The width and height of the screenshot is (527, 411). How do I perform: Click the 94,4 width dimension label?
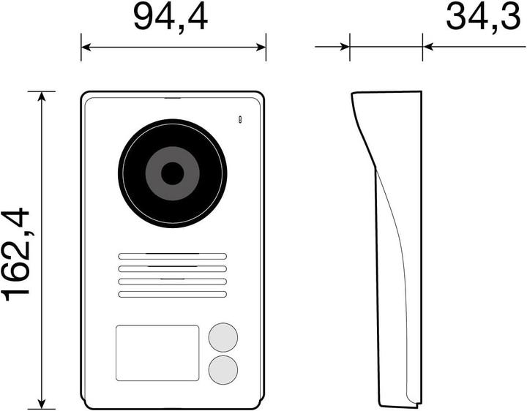[170, 18]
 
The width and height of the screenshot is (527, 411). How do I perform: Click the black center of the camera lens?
[173, 174]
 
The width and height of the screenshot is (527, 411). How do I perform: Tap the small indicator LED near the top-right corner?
[239, 118]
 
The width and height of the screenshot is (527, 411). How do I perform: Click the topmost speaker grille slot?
[172, 256]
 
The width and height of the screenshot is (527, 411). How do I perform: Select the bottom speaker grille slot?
[172, 294]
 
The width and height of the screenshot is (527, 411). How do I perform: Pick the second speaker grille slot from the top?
[172, 268]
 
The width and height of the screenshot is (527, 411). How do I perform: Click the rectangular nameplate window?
[157, 352]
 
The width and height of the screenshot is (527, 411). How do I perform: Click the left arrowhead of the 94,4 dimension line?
[86, 47]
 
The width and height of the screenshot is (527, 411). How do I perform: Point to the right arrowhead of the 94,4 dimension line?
[261, 47]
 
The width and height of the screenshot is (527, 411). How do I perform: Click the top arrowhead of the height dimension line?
[42, 97]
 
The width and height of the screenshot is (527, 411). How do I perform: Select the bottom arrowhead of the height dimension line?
[42, 404]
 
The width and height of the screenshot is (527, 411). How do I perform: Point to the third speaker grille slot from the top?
[172, 282]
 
